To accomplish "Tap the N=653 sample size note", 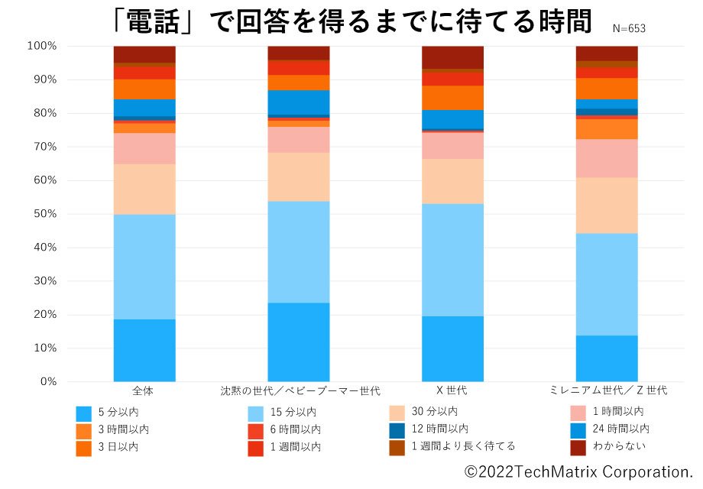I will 629,28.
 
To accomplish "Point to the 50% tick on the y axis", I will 43,214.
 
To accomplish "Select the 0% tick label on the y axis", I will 47,381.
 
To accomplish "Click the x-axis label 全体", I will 144,391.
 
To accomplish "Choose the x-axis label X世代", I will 452,391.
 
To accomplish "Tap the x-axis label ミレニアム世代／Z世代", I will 607,391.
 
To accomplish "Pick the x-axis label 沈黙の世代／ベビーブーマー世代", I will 299,391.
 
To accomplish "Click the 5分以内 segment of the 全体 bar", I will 144,350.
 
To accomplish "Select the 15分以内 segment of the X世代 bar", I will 453,260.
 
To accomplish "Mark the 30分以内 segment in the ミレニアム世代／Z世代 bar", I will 607,206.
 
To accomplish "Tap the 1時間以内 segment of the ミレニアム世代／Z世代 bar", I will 607,158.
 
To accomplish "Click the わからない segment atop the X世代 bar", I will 453,57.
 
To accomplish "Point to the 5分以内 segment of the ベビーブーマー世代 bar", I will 299,342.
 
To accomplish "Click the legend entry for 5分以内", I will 115,413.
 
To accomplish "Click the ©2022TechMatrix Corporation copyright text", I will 578,471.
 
